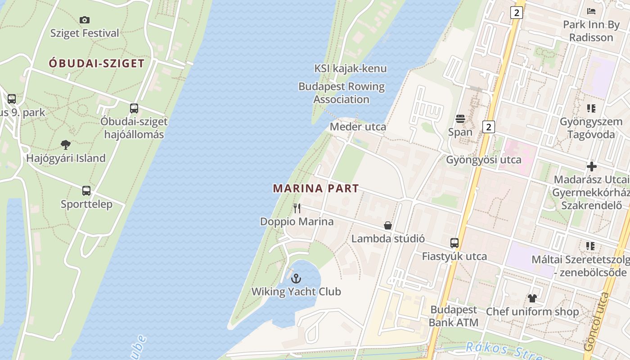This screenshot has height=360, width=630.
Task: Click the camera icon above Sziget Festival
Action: click(85, 20)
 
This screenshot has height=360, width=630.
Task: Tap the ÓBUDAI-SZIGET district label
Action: click(97, 63)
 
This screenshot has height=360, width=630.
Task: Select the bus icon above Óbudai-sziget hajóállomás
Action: click(134, 108)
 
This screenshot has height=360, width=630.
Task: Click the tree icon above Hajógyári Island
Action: click(66, 145)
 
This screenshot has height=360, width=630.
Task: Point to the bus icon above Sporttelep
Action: click(86, 191)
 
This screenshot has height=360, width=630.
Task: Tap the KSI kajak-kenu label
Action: click(350, 68)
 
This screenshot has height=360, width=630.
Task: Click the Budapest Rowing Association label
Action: click(342, 93)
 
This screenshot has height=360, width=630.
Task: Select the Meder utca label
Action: click(358, 127)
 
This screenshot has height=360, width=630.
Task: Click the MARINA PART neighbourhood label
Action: click(316, 189)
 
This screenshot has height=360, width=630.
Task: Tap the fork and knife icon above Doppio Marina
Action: click(297, 208)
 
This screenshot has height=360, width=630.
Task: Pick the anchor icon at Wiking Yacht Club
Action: click(296, 279)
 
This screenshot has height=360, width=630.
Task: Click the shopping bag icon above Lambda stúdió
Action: click(388, 225)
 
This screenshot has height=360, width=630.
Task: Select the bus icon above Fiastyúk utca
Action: click(454, 243)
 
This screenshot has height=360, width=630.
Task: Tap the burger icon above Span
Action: click(460, 119)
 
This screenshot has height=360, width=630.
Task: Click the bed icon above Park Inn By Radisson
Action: click(591, 11)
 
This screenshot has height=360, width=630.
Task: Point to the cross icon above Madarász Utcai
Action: click(591, 166)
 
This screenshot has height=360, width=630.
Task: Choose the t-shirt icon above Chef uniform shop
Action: click(532, 298)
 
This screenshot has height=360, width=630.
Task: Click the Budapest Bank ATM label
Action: click(454, 316)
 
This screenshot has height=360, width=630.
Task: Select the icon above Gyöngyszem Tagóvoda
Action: click(591, 108)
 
